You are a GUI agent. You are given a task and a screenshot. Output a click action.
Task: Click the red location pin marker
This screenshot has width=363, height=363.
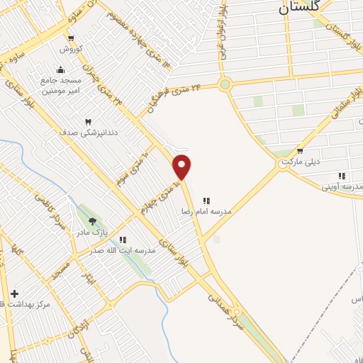(x=182, y=166)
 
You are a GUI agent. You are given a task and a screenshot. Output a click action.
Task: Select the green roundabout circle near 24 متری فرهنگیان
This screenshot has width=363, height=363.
(x=225, y=85)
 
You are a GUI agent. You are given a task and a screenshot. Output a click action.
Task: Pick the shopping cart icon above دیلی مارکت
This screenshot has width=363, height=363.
(x=300, y=150)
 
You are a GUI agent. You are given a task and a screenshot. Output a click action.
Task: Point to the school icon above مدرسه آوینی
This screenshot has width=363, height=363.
(x=342, y=176)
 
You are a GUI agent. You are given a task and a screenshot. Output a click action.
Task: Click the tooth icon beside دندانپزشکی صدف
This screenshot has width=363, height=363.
(x=89, y=123)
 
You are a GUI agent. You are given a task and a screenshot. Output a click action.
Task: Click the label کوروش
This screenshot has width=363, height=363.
(x=71, y=49)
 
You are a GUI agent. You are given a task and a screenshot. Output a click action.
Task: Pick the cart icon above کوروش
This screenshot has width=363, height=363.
(x=71, y=38)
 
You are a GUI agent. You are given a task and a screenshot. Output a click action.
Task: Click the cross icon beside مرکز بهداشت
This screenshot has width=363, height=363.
(x=14, y=293)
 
